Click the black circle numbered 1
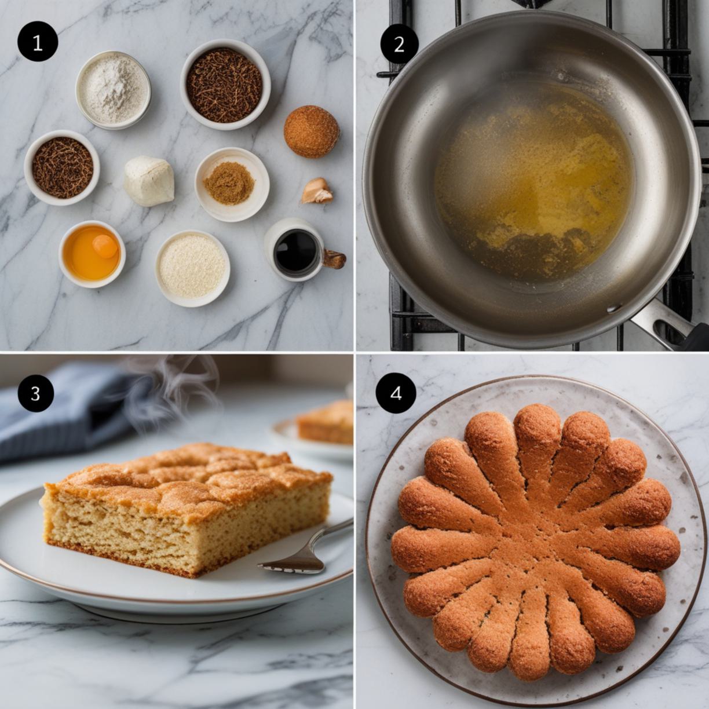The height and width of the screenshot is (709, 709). tap(38, 42)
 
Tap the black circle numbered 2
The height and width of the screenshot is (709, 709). tap(400, 45)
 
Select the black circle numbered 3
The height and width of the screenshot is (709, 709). tap(35, 393)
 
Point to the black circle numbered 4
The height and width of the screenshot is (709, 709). tap(396, 394)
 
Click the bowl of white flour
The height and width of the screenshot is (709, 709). tap(113, 90)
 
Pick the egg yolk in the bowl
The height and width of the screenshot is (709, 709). tap(105, 246)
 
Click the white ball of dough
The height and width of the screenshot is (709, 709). tap(149, 181)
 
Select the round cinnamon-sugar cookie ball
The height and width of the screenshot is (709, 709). tap(311, 131)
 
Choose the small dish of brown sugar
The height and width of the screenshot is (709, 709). tap(232, 184)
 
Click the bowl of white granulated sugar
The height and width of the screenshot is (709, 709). tap(192, 268)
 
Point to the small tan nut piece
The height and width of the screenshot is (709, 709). tap(317, 191)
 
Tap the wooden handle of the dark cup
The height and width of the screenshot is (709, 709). tap(334, 259)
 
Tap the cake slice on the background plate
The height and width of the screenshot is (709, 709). tap(326, 422)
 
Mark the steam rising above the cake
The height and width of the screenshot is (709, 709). tap(173, 390)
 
